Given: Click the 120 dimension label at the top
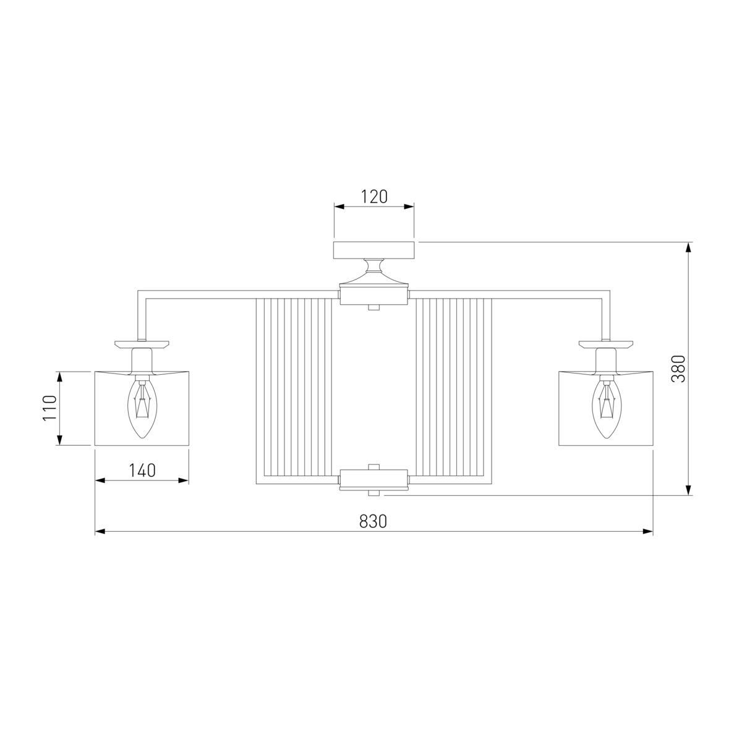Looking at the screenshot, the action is click(x=373, y=197).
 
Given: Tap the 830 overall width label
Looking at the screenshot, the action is click(x=373, y=521).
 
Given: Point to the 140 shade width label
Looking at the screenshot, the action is click(x=142, y=470).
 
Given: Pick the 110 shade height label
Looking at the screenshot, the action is click(x=50, y=408).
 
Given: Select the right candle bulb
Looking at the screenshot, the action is click(x=607, y=409).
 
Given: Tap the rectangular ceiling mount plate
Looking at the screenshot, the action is click(x=374, y=250).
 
